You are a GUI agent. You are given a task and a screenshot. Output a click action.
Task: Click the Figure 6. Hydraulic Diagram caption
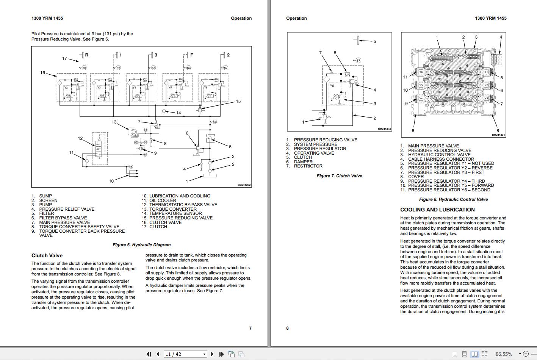coord(141,245)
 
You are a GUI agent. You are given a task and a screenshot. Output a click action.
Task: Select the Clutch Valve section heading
coord(47,255)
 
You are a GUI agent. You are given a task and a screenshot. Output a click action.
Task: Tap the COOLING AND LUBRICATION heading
coord(437,210)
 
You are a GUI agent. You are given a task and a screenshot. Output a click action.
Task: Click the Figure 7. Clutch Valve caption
coord(339,176)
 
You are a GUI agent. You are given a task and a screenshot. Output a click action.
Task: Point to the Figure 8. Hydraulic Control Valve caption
coord(453,199)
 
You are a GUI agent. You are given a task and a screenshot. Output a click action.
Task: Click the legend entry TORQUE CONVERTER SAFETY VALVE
coord(79,227)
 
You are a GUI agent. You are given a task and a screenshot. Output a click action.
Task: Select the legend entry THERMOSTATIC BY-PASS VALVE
coord(183,205)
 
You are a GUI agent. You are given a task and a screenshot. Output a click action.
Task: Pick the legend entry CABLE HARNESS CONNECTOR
coord(441,159)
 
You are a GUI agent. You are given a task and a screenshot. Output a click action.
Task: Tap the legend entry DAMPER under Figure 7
coord(303,162)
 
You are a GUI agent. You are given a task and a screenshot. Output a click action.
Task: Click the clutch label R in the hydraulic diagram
coord(86,55)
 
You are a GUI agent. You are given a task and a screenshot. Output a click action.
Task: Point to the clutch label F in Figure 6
coord(192,55)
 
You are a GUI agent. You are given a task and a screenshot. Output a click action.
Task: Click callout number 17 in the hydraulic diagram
coord(64,58)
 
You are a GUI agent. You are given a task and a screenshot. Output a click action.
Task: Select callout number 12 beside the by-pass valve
coord(80,138)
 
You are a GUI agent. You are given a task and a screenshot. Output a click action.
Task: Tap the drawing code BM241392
coord(244,185)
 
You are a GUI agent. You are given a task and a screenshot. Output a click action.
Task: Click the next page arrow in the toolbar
coord(212,354)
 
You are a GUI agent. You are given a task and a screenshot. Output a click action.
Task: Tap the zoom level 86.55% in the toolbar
coord(504,354)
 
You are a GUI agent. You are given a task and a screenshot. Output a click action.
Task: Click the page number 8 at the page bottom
coord(287,328)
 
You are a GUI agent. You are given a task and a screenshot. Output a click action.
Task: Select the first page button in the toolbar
coord(148,354)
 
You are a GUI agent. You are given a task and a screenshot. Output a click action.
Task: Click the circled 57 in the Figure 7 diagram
coord(358,60)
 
